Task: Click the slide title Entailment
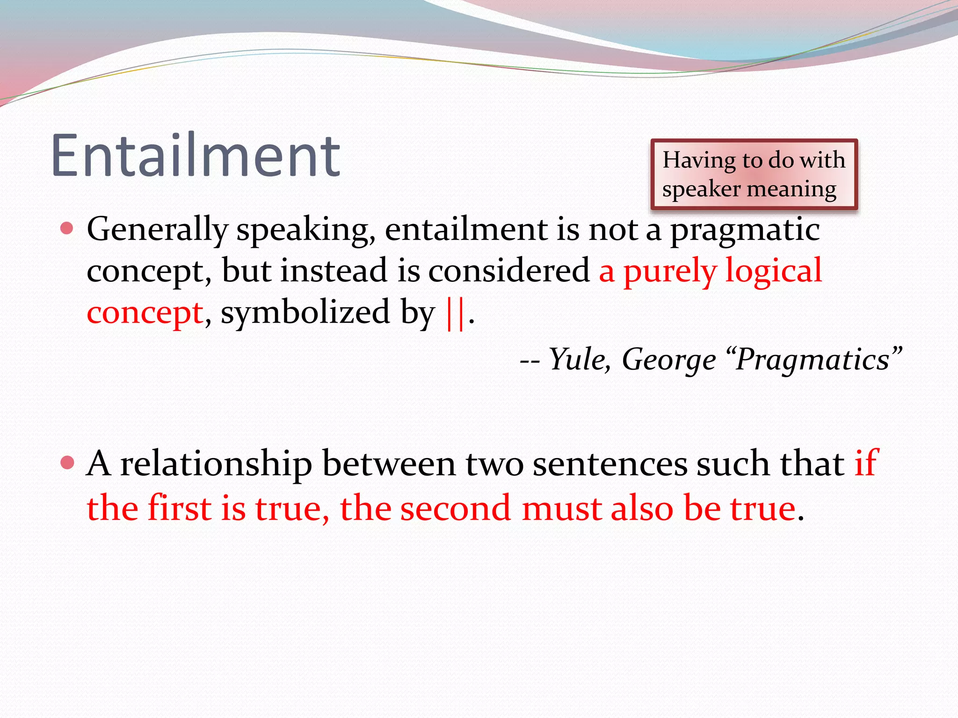click(196, 155)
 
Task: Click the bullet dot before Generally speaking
click(67, 228)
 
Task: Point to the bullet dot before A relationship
click(67, 463)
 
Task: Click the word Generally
click(157, 230)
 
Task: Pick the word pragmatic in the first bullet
click(745, 230)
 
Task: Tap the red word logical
click(774, 271)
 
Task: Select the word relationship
click(216, 464)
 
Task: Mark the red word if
click(866, 463)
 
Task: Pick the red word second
click(455, 509)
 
